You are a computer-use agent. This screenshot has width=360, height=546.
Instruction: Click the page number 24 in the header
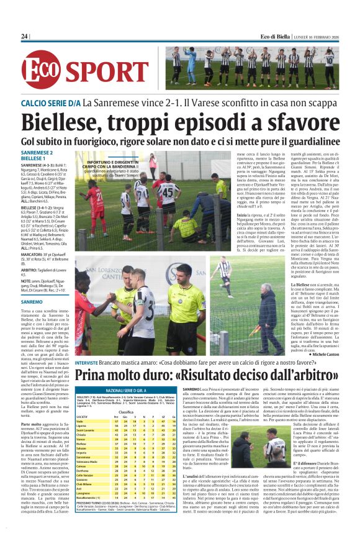25,37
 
